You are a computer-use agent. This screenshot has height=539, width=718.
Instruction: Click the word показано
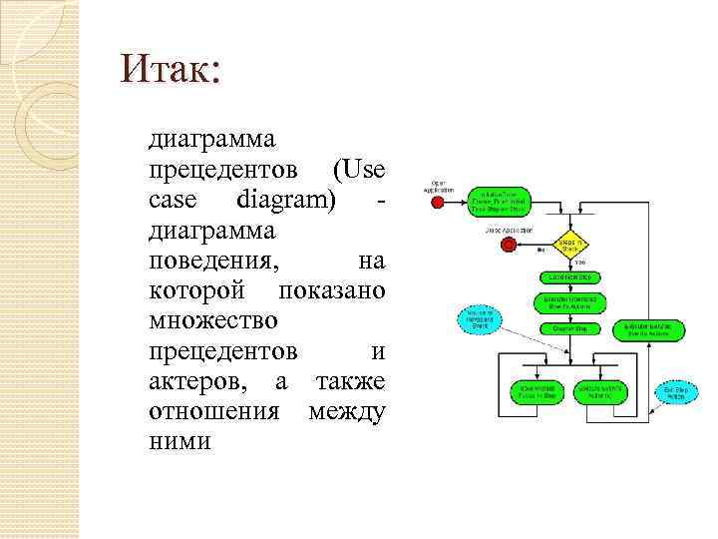click(332, 290)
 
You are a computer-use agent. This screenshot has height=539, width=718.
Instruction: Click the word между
click(347, 412)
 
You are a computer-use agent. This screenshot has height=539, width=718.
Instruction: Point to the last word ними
click(179, 442)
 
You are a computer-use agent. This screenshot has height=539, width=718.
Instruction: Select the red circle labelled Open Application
click(437, 202)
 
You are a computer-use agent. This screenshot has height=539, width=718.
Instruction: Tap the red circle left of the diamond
click(509, 244)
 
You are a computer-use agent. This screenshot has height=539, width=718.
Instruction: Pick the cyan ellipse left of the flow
click(476, 319)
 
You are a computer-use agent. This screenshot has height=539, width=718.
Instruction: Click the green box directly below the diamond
click(569, 275)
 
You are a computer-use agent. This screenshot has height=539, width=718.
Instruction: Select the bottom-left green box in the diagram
click(534, 391)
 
